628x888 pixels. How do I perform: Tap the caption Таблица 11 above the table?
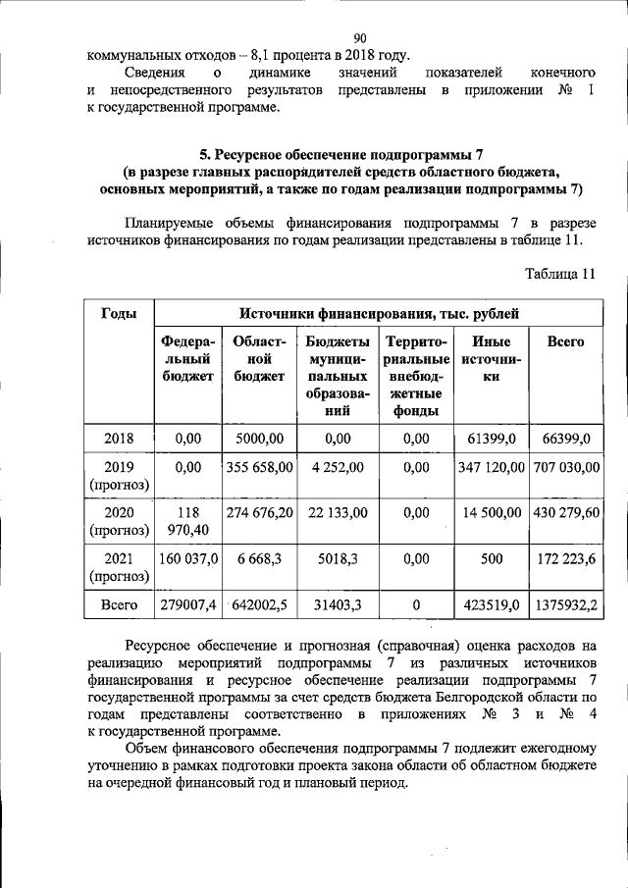(x=560, y=273)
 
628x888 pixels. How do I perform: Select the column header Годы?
(x=119, y=314)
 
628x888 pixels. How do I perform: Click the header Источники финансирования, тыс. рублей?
(x=380, y=314)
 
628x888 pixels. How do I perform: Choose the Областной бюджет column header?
(x=260, y=358)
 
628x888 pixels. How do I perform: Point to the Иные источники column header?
(x=491, y=358)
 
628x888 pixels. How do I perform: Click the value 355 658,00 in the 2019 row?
(x=260, y=468)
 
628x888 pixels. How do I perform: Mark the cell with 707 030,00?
(x=565, y=468)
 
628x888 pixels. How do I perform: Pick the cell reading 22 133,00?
(x=338, y=512)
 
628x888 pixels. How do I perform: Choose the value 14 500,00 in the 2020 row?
(x=492, y=512)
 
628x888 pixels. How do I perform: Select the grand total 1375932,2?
(x=565, y=606)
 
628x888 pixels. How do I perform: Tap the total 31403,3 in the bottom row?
(x=338, y=606)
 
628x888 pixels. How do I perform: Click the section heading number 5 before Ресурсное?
(x=204, y=154)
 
